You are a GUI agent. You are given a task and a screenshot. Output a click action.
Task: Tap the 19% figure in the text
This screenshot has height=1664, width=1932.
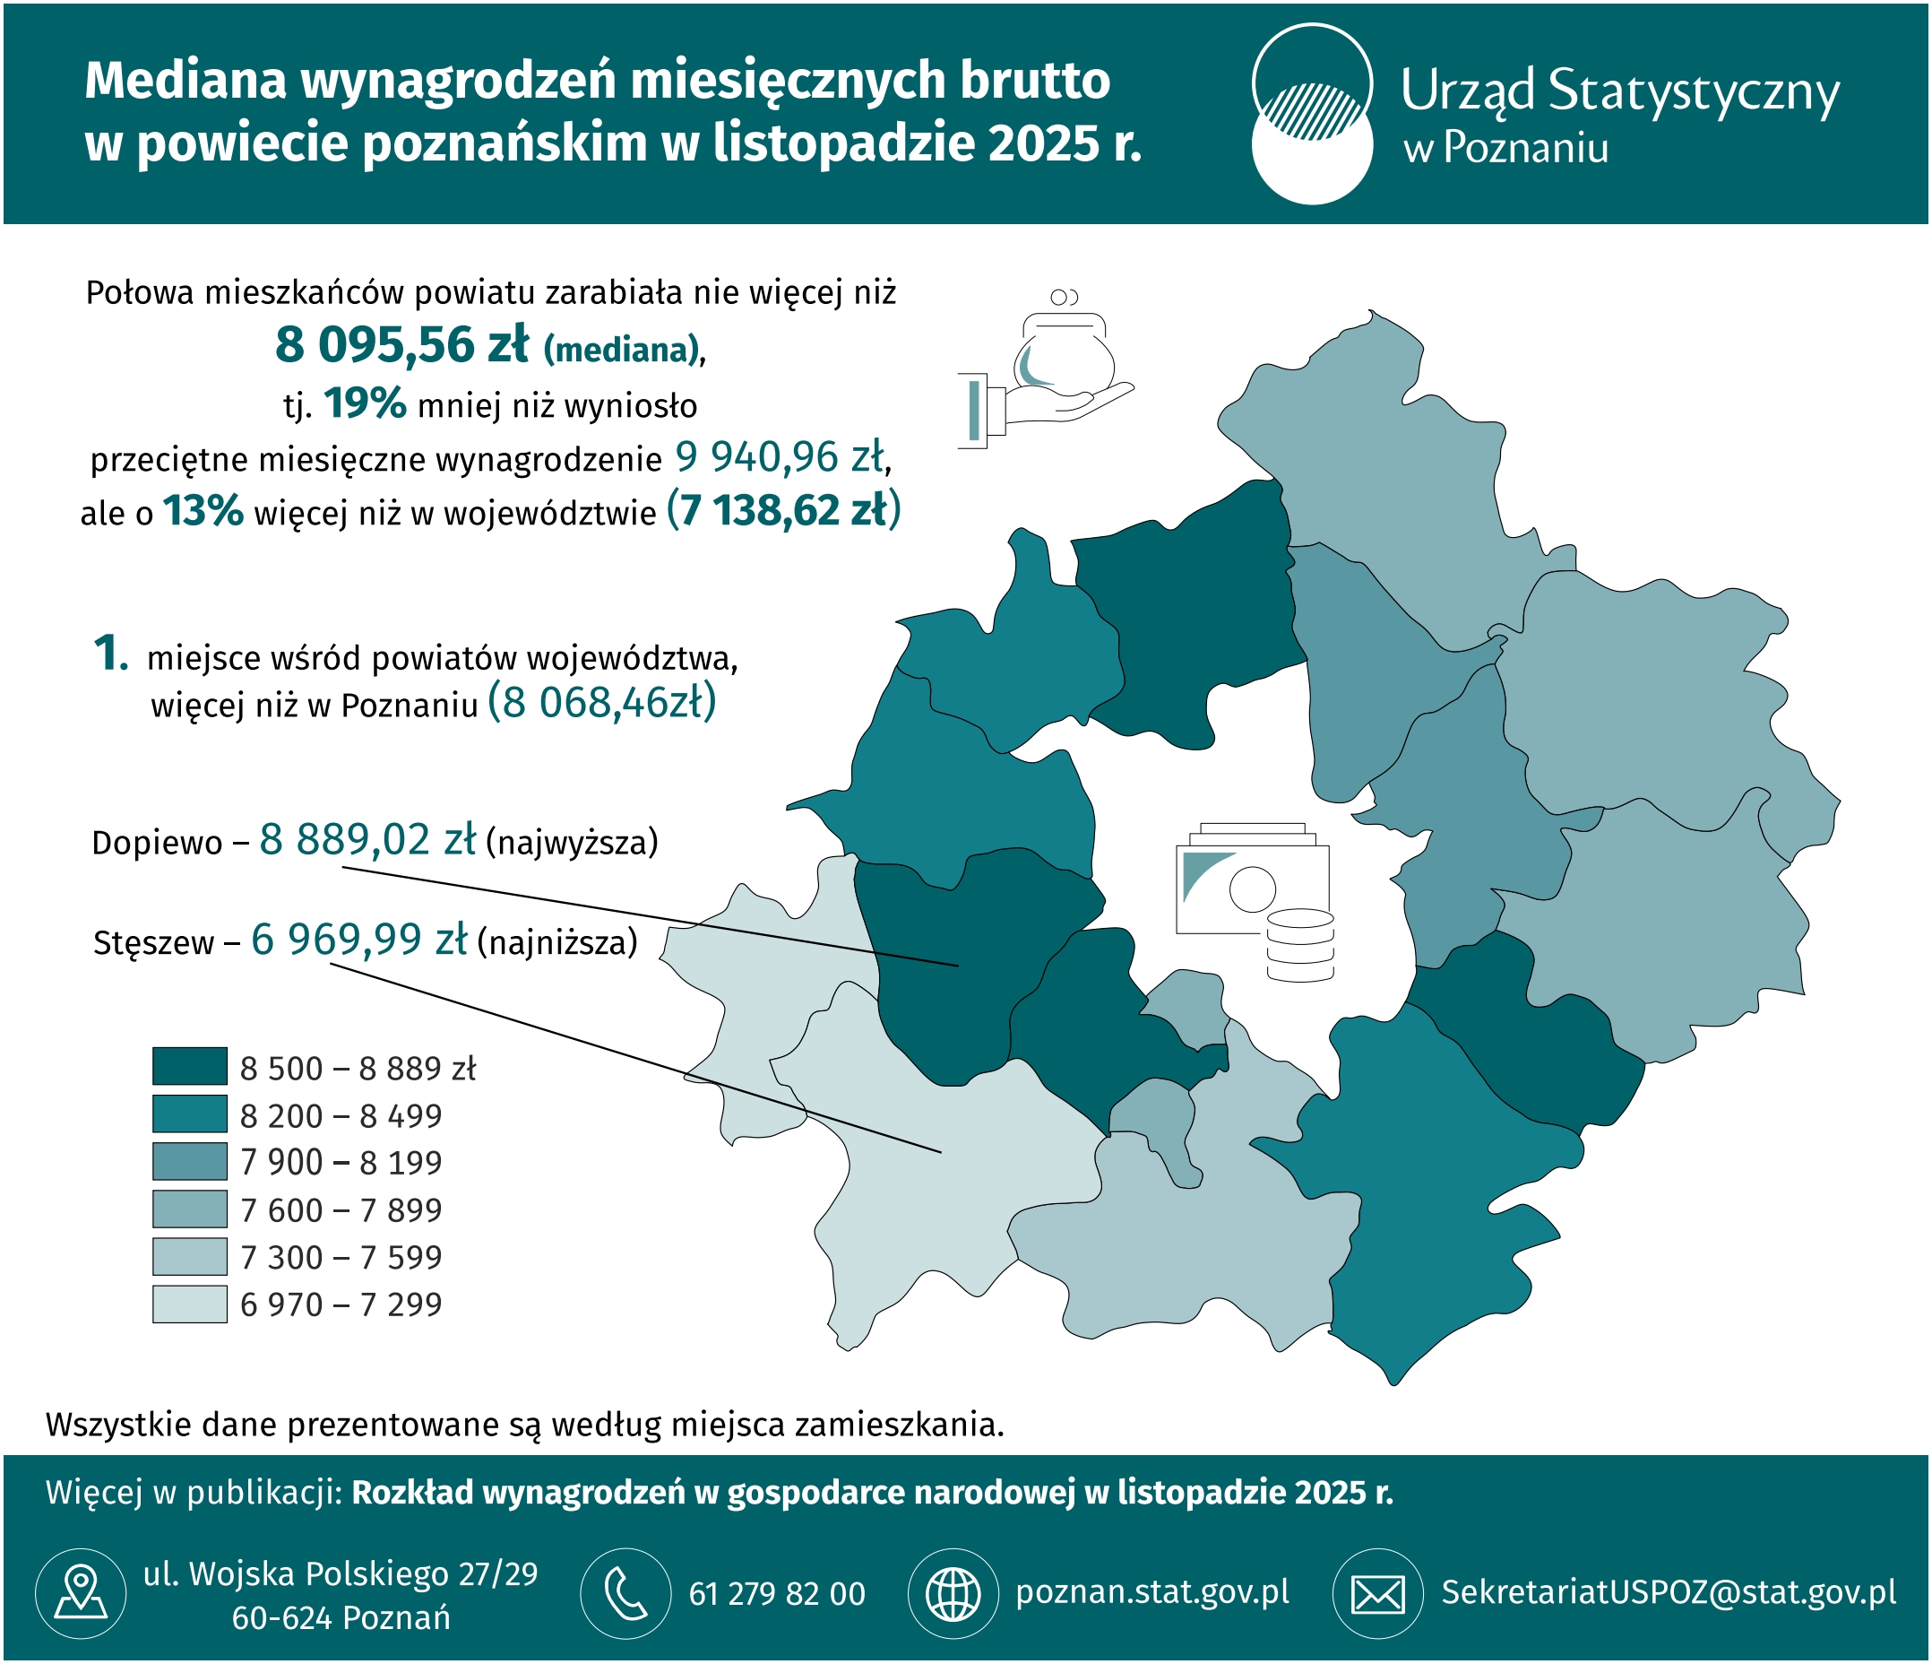click(365, 403)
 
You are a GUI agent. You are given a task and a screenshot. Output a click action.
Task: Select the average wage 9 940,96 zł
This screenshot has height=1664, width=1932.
click(779, 457)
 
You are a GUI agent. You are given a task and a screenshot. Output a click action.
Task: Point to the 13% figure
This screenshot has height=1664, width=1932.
click(203, 511)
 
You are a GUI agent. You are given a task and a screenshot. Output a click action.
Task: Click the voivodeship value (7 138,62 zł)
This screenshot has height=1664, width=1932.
click(784, 510)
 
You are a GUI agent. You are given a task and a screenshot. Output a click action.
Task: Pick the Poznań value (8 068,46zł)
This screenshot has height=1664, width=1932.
click(602, 702)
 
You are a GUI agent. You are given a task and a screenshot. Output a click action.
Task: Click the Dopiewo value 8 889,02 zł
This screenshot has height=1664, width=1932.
click(367, 839)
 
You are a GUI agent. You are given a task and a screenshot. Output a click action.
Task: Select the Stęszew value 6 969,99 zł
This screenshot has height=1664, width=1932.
click(359, 940)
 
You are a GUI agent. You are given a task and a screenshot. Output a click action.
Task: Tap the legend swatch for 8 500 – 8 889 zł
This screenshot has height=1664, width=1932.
click(190, 1066)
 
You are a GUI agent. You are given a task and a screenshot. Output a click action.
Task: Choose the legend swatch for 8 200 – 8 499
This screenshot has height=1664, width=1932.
click(190, 1114)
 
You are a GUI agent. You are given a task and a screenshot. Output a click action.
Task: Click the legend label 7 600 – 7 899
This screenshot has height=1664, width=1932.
click(341, 1209)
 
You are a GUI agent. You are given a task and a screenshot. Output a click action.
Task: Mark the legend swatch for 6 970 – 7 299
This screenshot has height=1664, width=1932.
click(190, 1304)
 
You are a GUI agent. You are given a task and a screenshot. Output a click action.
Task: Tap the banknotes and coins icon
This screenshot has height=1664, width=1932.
click(1255, 902)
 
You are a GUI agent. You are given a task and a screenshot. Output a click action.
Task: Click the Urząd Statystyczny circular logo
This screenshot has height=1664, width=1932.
click(1312, 114)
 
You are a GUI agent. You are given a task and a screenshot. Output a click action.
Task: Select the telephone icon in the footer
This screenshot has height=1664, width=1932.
click(625, 1593)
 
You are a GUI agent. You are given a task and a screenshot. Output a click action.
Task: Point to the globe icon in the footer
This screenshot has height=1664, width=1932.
click(953, 1593)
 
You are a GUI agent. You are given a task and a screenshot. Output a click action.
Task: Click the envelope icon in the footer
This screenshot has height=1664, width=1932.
click(1378, 1593)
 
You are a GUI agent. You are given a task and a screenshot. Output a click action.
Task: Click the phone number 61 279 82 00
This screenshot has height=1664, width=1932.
click(777, 1594)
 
